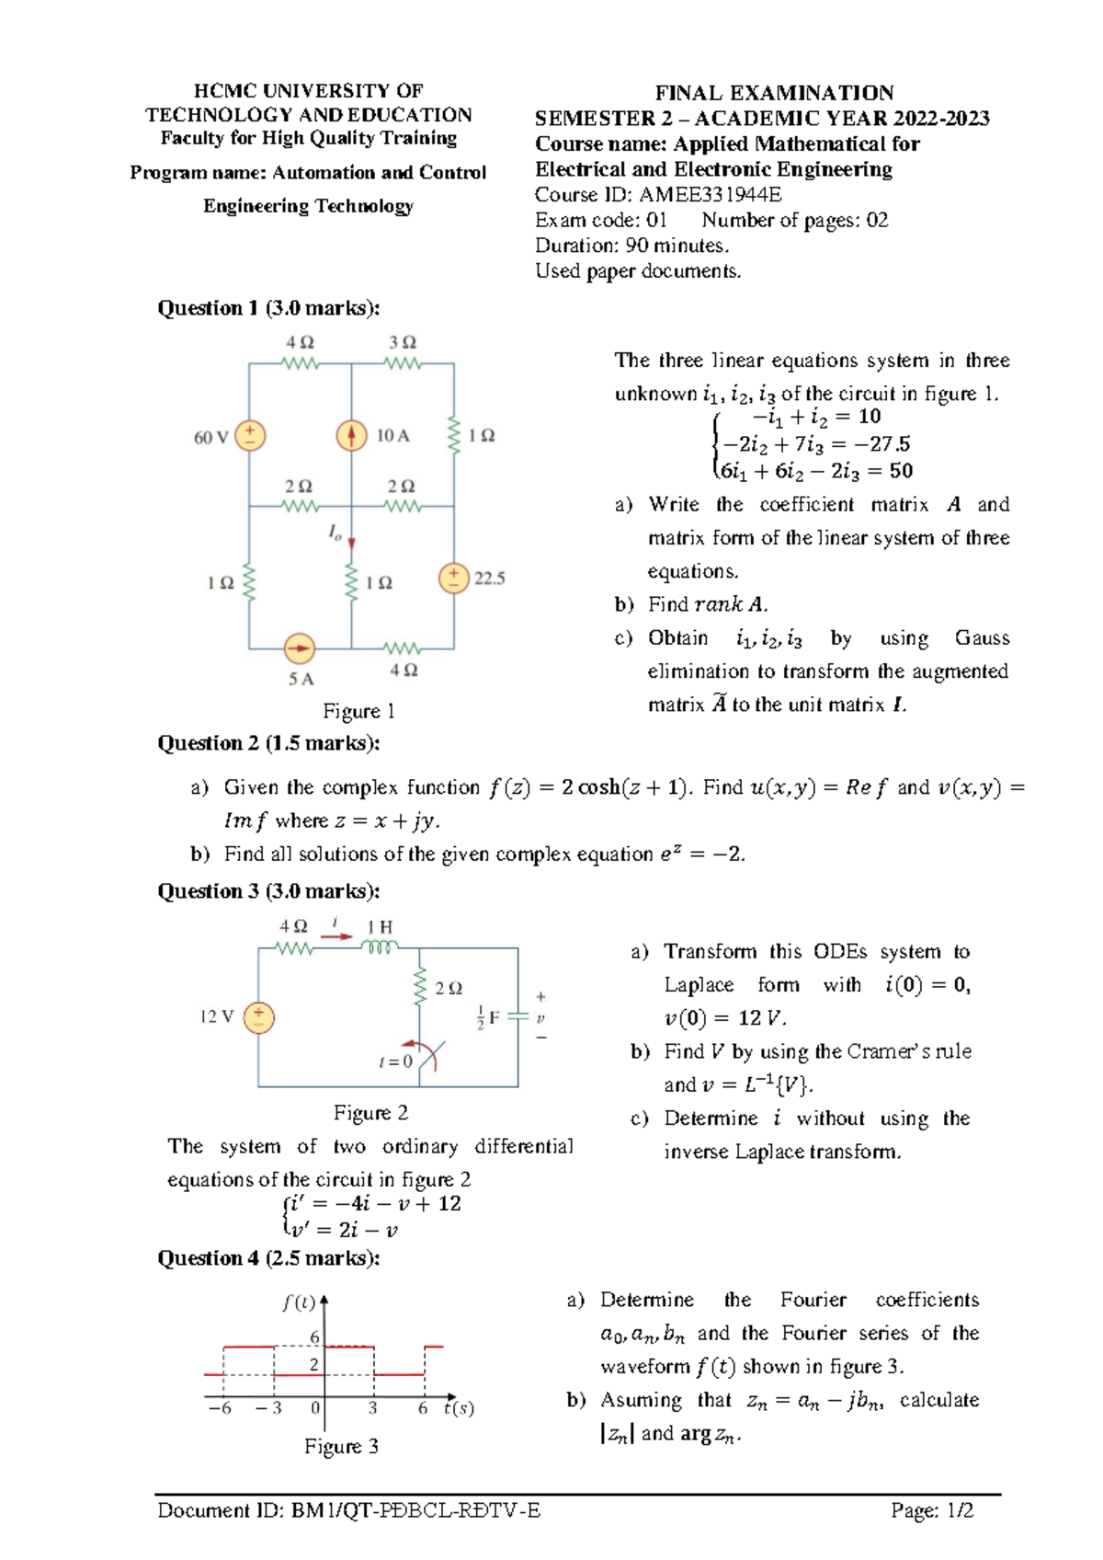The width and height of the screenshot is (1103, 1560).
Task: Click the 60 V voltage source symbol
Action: tap(250, 435)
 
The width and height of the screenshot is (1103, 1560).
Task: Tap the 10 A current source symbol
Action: tap(351, 435)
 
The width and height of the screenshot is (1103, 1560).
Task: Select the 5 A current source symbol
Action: tap(300, 648)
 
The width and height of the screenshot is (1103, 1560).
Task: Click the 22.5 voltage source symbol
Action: tap(454, 579)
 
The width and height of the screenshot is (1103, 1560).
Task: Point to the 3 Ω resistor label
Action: tap(403, 342)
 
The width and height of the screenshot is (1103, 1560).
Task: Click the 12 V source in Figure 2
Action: tap(259, 1016)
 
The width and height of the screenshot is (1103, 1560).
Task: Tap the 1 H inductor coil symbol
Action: tap(380, 947)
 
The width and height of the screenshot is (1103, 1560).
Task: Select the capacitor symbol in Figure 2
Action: tap(517, 1017)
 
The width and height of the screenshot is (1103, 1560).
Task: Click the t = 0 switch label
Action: tap(395, 1061)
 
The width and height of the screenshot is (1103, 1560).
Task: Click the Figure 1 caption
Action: tap(358, 711)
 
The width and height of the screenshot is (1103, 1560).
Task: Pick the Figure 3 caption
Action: tap(341, 1446)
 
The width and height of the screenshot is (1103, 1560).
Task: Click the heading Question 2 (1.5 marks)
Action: tap(268, 743)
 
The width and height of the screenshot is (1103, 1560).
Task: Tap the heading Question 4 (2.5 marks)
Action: tap(268, 1258)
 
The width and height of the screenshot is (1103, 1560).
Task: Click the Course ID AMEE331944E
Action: tap(658, 195)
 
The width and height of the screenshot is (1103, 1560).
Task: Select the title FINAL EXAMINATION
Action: tap(774, 93)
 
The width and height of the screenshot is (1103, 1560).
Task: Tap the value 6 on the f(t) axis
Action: tap(314, 1337)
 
